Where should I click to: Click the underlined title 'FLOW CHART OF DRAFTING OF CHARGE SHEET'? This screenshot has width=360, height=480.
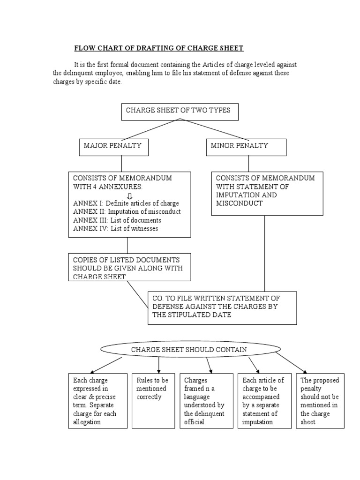pos(159,48)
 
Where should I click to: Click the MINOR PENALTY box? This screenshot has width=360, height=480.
pos(247,147)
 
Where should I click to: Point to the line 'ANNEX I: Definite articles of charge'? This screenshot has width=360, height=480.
pos(126,203)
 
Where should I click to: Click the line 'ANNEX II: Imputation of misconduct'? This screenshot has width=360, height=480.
pos(127,212)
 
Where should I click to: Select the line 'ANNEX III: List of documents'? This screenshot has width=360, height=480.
pos(117,220)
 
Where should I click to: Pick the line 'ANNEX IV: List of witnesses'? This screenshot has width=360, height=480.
pos(116,229)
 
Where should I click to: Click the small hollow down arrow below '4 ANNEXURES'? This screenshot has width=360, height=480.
pos(130,195)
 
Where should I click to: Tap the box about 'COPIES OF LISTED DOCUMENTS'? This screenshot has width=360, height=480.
pos(129,267)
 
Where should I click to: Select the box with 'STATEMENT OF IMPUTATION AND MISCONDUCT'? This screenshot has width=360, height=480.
pos(267,194)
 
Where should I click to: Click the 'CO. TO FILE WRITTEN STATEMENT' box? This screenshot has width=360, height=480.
pos(222,307)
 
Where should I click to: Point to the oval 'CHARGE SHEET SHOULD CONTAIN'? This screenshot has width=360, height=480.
pos(189,350)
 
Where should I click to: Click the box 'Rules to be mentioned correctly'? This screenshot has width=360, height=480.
pos(152,401)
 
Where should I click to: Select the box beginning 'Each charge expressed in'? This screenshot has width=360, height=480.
pos(97,401)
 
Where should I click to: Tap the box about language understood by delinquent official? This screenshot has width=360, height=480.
pos(206,401)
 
